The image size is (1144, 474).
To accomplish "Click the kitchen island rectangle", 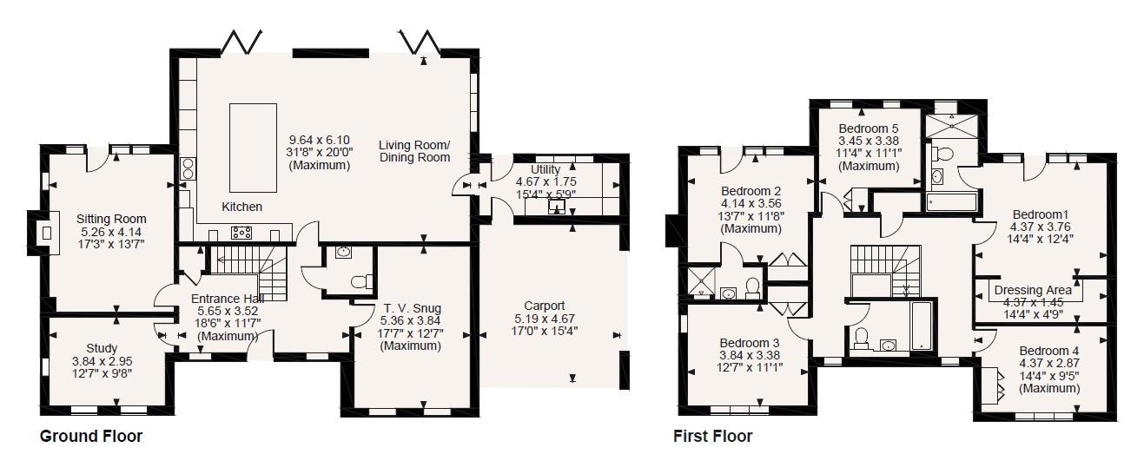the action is (253, 148).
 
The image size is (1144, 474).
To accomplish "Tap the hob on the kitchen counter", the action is (241, 233).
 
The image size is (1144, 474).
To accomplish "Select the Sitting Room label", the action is (111, 219).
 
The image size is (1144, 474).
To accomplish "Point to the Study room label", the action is (102, 348).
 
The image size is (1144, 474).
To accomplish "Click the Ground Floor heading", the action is (91, 437).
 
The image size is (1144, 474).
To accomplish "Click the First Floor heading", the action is (712, 437).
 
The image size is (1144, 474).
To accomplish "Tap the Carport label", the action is (545, 306).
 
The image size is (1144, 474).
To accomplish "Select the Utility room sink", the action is (557, 206).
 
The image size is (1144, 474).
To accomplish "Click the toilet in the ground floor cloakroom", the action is (361, 281).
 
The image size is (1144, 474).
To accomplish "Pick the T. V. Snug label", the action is (412, 308).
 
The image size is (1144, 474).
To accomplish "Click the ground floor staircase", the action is (249, 273).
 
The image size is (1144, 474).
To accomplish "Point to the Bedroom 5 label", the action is (869, 128).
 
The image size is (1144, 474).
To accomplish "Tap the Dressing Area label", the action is (1033, 290).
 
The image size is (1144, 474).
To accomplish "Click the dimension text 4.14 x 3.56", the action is (751, 204).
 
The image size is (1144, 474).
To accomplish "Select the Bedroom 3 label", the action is (750, 343).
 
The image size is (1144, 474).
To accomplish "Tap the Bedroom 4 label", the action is (1049, 351).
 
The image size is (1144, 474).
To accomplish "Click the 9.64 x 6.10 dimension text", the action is (319, 140).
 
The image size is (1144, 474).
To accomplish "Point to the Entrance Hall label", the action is (228, 299).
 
